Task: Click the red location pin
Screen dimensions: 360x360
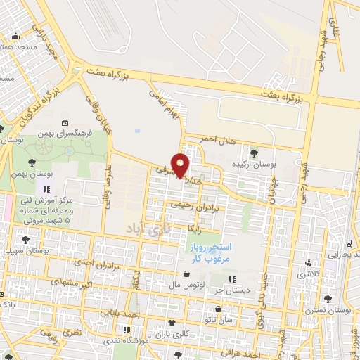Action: point(181,165)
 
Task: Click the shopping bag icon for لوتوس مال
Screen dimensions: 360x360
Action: point(186,274)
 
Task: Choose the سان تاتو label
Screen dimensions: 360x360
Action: point(231,319)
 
